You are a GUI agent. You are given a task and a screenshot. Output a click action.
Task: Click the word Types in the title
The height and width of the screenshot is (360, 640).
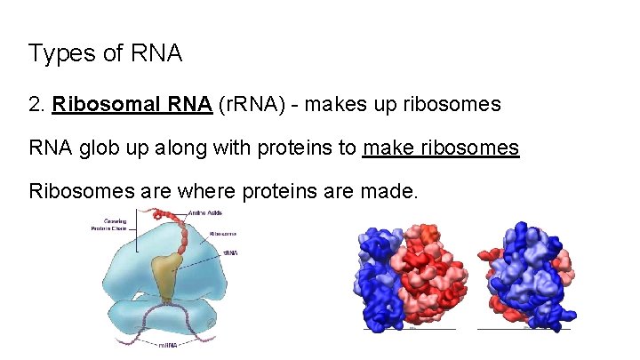tap(60, 53)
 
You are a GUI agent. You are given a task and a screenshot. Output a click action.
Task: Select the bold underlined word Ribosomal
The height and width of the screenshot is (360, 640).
tap(101, 105)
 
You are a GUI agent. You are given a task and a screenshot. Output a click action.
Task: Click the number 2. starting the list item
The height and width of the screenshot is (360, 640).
tap(37, 105)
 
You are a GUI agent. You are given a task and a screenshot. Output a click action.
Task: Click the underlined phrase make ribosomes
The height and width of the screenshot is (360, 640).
tap(441, 148)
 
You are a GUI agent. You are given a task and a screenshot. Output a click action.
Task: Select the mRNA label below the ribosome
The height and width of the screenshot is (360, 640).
tap(171, 346)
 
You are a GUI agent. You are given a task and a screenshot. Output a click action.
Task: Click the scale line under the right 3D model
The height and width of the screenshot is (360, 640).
tap(524, 330)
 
